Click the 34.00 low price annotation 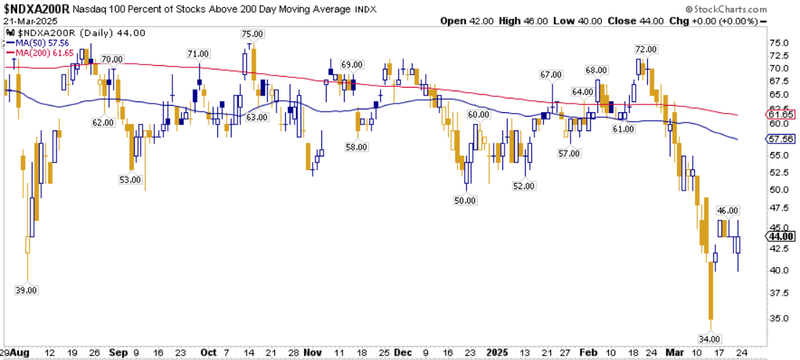[710, 338]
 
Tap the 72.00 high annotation [646, 49]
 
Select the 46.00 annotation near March [728, 210]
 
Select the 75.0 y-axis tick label [778, 43]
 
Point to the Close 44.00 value [635, 21]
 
